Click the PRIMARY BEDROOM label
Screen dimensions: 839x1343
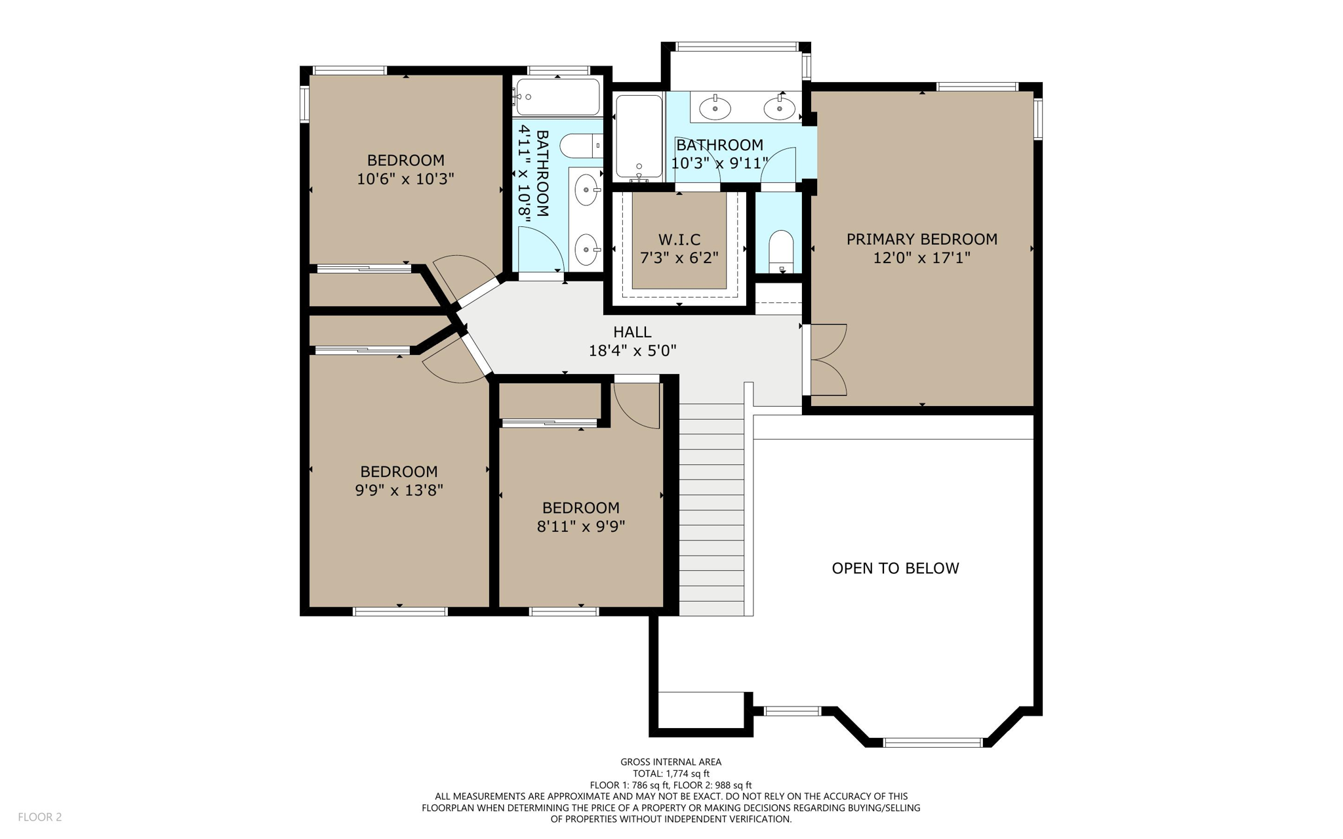[921, 239]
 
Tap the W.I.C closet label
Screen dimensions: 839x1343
[679, 239]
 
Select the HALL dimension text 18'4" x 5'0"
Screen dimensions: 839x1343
[632, 351]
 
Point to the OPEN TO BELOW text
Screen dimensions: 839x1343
[895, 568]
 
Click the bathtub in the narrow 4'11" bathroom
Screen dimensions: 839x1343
[557, 97]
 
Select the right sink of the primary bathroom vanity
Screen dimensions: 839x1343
[779, 108]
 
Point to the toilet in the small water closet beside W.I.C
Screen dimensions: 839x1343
[780, 251]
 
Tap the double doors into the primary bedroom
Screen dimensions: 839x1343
[828, 359]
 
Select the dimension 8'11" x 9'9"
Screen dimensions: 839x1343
[581, 526]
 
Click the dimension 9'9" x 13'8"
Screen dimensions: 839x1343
[399, 490]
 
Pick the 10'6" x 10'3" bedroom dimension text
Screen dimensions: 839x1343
[405, 178]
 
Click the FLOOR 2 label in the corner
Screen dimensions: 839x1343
[39, 817]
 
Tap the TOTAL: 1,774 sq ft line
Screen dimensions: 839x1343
[671, 773]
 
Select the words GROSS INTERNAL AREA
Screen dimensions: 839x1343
[671, 762]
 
